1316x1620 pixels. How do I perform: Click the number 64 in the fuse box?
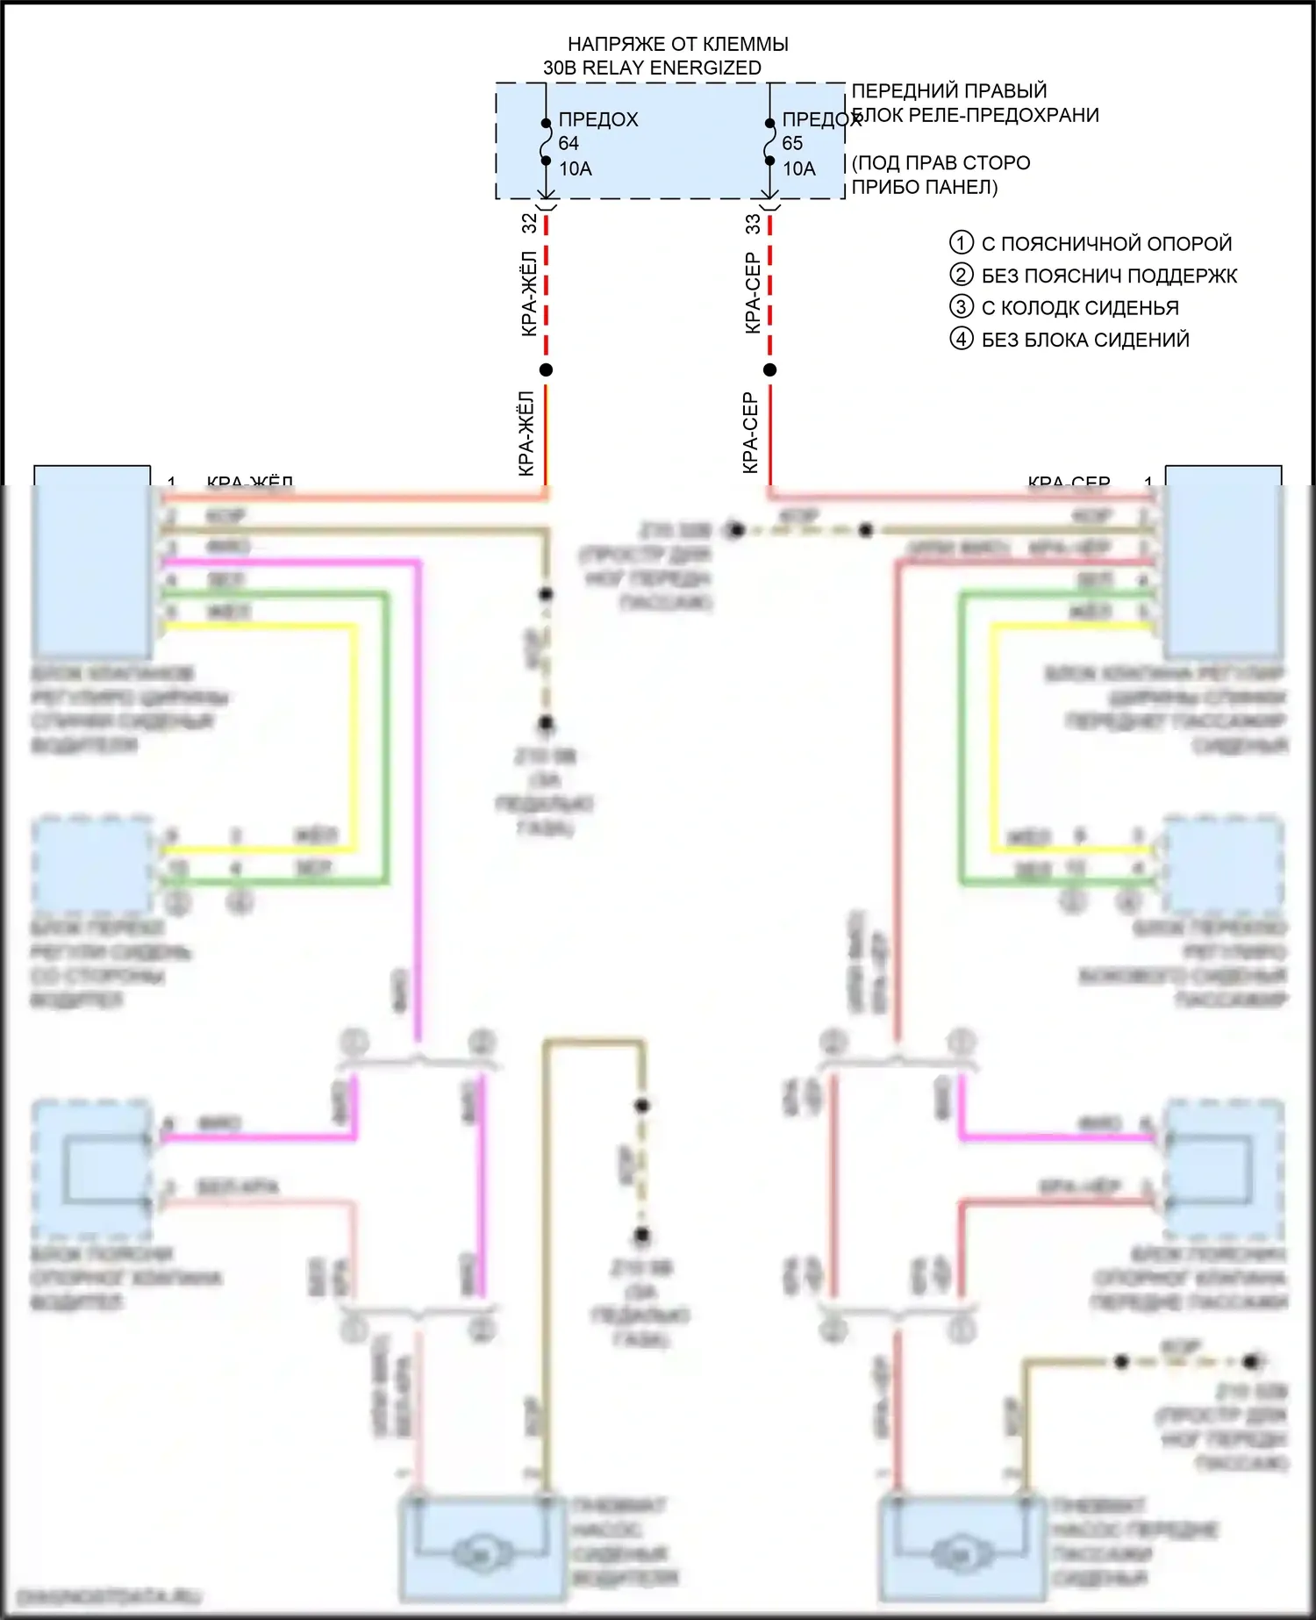[x=569, y=143]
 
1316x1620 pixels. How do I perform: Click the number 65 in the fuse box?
[x=792, y=143]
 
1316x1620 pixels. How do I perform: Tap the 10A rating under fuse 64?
[x=576, y=168]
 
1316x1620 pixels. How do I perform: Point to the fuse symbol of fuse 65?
[x=769, y=142]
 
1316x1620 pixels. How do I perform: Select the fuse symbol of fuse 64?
[x=546, y=142]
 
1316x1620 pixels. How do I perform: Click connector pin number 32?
[x=529, y=223]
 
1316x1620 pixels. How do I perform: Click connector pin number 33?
[x=753, y=224]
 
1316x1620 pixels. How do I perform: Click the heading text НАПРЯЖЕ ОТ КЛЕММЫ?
[x=677, y=44]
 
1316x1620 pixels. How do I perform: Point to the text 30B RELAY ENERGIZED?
[x=652, y=68]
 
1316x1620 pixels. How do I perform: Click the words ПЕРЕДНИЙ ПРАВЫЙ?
[x=949, y=90]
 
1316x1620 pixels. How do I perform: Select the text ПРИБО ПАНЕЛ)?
[x=925, y=187]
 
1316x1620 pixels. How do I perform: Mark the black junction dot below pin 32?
[x=546, y=369]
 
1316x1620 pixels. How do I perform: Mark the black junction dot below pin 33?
[x=769, y=369]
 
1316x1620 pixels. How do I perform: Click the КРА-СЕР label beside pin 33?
[x=752, y=293]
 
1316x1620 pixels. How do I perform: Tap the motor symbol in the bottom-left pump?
[x=481, y=1554]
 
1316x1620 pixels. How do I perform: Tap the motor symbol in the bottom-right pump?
[x=960, y=1554]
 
